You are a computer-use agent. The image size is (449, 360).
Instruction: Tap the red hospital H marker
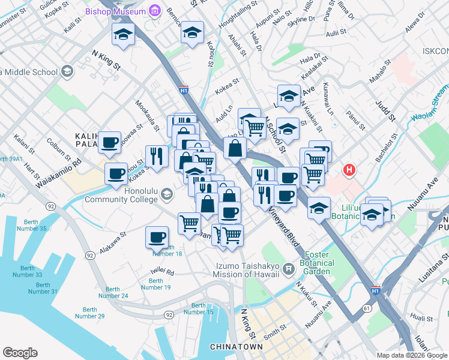click(349, 171)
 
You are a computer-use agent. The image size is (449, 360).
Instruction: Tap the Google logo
click(20, 353)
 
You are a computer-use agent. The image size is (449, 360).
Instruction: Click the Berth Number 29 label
click(89, 313)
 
